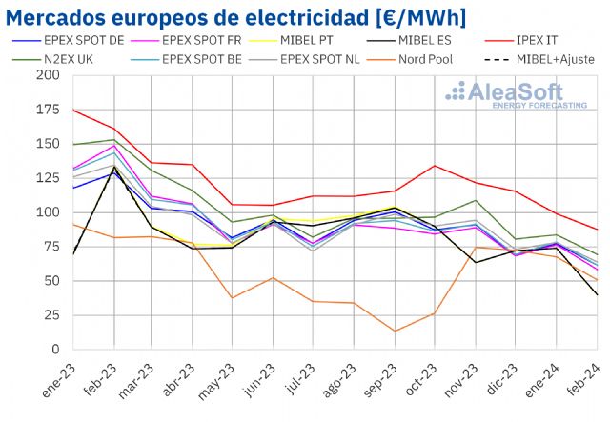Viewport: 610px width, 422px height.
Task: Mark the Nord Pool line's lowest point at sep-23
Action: coord(395,332)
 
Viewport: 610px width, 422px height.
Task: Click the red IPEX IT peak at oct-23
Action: coord(435,166)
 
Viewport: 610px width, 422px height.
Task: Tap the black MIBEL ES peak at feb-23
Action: coord(114,168)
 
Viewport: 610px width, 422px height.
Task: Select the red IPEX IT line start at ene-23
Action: coord(72,110)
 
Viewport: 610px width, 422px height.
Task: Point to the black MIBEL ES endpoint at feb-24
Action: coord(598,294)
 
